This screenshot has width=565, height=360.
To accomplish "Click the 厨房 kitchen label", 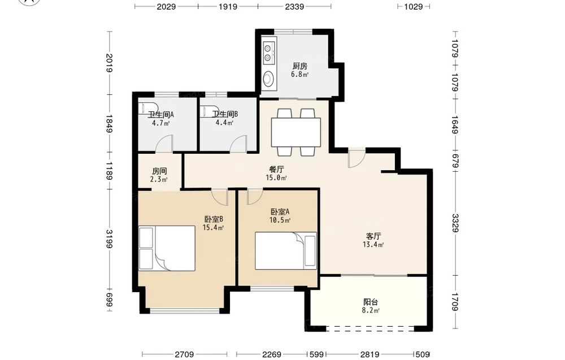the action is (x=300, y=66).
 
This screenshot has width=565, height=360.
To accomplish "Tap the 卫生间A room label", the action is (x=160, y=115).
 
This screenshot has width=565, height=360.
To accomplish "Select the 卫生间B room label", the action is (x=224, y=114).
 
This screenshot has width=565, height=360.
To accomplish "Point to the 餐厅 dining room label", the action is (x=276, y=169).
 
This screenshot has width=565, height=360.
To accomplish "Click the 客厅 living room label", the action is (x=373, y=236).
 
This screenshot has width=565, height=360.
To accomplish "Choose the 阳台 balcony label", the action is (x=371, y=302).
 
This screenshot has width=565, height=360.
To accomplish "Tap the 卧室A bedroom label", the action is (x=280, y=211).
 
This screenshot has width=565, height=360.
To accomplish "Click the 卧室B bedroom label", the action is (x=214, y=219).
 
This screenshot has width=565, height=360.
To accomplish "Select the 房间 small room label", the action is (x=159, y=171).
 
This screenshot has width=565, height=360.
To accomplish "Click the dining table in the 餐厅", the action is (x=296, y=132).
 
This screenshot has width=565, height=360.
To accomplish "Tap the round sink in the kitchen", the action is (x=268, y=79).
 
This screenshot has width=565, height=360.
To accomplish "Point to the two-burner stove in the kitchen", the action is (x=268, y=53).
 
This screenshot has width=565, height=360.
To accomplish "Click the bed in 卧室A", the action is (x=286, y=251).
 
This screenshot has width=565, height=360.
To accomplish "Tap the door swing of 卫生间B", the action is (x=238, y=143).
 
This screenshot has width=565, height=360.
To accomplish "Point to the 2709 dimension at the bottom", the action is (x=185, y=354).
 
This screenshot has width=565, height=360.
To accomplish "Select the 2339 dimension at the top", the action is (x=294, y=6).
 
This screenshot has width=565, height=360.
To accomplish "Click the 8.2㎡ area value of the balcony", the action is (x=371, y=310).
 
